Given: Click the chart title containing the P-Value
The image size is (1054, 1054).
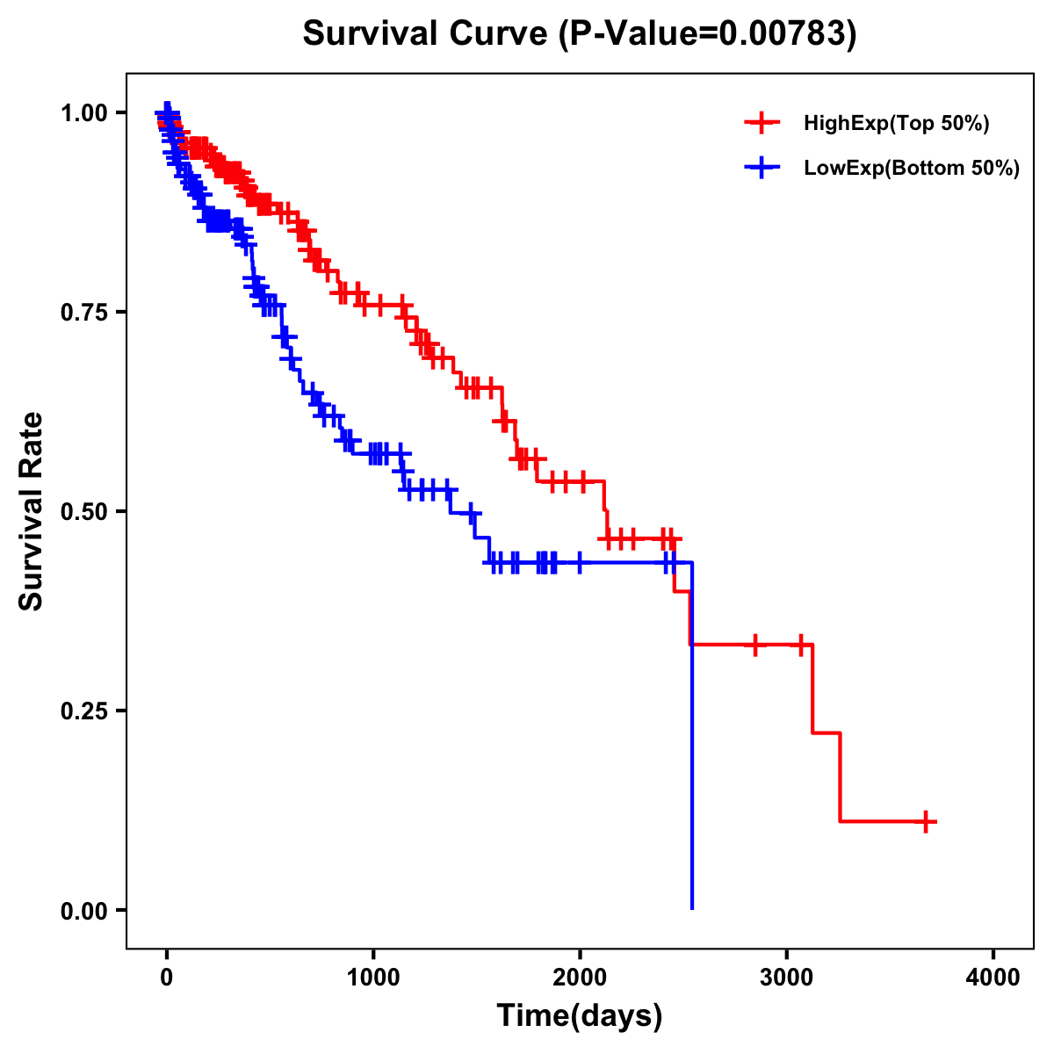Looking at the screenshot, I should [x=579, y=33].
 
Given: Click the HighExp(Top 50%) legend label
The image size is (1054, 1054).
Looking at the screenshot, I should [x=896, y=124].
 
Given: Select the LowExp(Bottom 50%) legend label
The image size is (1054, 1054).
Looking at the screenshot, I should [x=911, y=169].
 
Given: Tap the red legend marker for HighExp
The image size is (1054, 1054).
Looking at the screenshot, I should [x=762, y=124].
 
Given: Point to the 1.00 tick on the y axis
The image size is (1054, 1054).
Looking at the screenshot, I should [x=84, y=112].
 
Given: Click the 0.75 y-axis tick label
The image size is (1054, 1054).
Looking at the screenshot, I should [x=84, y=312].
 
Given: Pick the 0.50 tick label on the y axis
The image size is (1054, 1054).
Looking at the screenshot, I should [x=84, y=511].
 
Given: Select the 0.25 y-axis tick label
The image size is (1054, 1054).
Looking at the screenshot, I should [x=84, y=711].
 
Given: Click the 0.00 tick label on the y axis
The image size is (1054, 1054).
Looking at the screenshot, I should [x=84, y=911].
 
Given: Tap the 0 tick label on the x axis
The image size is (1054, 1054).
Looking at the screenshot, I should [x=167, y=977].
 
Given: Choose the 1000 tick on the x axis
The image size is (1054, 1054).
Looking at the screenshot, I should [x=373, y=977].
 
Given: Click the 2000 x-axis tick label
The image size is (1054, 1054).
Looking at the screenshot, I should [x=580, y=977].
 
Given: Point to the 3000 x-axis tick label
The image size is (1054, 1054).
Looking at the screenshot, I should [x=787, y=977].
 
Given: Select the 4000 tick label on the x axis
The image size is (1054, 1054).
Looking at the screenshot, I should [x=993, y=977].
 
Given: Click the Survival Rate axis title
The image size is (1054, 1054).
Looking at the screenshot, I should [x=32, y=511].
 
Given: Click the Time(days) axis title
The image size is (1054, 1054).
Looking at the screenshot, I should [x=580, y=1016].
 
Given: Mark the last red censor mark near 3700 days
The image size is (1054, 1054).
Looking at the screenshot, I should [x=926, y=821].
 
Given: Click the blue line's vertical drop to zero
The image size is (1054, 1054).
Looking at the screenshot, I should [x=692, y=747].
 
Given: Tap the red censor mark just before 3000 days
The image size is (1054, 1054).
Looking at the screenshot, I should [x=754, y=645].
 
